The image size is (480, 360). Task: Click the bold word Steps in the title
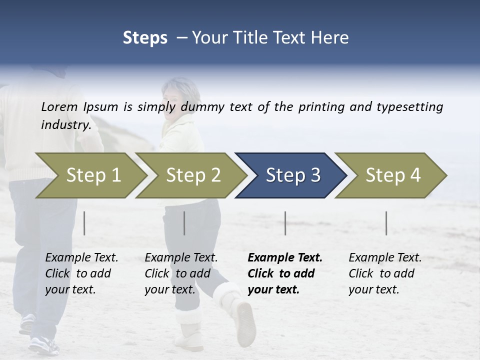tap(145, 38)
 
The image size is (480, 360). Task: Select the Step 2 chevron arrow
tap(193, 175)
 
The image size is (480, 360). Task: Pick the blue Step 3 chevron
tap(292, 175)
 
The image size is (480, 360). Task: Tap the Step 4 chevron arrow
tap(392, 175)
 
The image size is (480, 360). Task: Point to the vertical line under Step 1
tap(84, 223)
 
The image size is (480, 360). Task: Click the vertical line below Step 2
tap(184, 223)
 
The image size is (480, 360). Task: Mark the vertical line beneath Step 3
tap(285, 223)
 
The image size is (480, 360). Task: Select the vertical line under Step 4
tap(386, 223)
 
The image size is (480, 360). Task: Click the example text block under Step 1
tap(80, 273)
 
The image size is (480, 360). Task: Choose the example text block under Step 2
tap(180, 273)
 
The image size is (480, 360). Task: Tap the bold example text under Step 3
tap(284, 273)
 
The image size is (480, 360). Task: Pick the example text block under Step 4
tap(384, 273)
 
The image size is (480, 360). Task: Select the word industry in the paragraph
tap(65, 125)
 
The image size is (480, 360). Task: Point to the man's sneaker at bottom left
tap(42, 344)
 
